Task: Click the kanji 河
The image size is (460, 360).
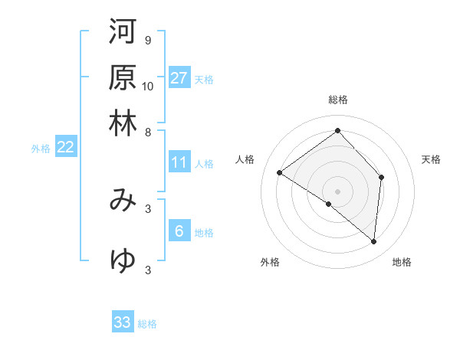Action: [123, 31]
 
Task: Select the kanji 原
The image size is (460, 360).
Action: [123, 77]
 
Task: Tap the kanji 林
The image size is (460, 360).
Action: [123, 123]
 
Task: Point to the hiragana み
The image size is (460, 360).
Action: [123, 200]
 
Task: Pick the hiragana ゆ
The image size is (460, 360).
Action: [123, 261]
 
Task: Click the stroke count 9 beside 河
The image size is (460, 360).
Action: [147, 40]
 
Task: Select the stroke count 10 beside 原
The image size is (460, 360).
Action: [148, 86]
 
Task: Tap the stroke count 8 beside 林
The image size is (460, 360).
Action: [147, 132]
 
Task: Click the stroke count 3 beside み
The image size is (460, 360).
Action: [147, 208]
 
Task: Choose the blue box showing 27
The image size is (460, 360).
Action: [179, 78]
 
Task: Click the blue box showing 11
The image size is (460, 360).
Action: [179, 162]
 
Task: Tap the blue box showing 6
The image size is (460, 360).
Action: [179, 231]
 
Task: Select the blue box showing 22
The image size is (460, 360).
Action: [65, 147]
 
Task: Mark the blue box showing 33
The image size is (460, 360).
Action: [123, 322]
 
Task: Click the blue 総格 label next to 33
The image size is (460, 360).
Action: [147, 324]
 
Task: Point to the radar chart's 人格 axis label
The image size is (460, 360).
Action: [245, 159]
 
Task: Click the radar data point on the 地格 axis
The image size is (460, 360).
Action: [373, 242]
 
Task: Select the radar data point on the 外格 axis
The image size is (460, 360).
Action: [329, 204]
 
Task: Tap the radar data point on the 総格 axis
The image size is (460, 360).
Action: [337, 130]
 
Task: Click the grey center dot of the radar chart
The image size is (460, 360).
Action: [337, 191]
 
